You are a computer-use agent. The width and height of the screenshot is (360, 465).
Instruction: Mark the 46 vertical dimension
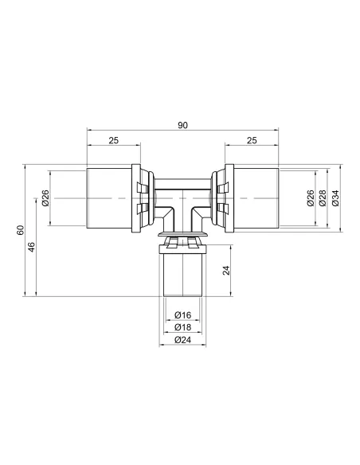[x=33, y=248]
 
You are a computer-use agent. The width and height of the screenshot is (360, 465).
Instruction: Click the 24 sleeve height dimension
[x=226, y=270]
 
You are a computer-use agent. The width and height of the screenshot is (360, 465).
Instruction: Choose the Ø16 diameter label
[x=182, y=315]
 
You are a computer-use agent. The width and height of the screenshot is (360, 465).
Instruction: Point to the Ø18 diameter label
[x=182, y=327]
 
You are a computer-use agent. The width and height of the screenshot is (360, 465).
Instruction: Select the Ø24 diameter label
[x=182, y=340]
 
